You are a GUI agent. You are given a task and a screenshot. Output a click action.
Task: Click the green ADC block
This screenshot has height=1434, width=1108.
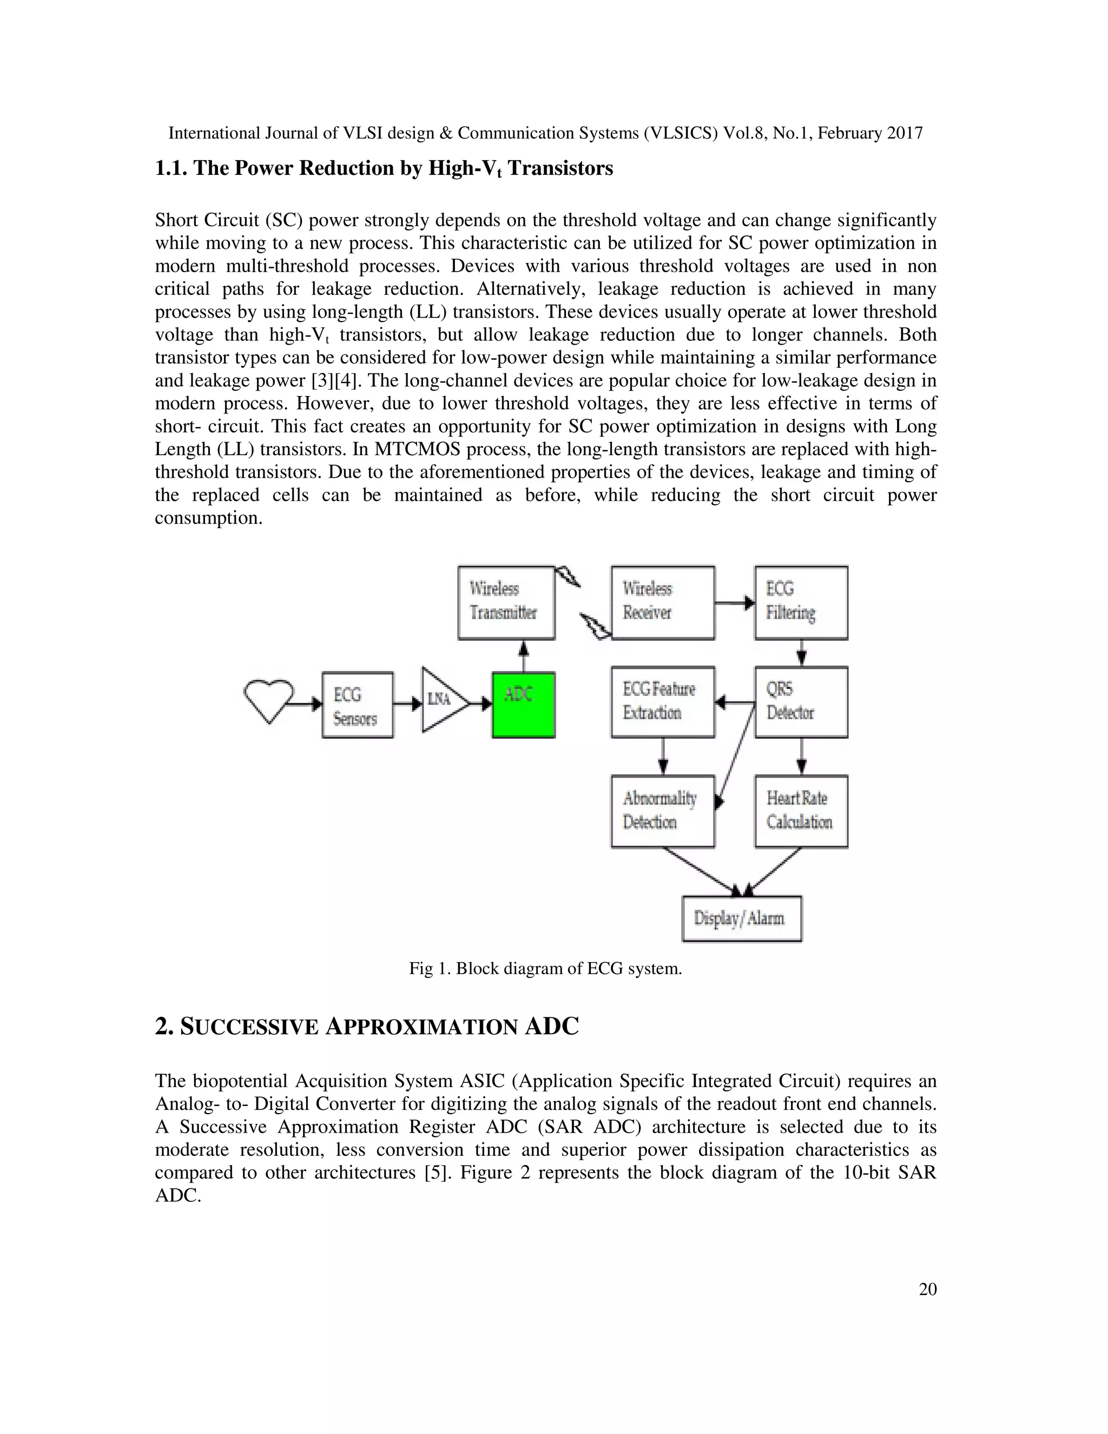click(523, 705)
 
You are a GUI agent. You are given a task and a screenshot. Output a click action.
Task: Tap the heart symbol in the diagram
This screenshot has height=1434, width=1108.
click(268, 700)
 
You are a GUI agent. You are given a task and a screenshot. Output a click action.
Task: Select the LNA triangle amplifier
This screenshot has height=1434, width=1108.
click(443, 700)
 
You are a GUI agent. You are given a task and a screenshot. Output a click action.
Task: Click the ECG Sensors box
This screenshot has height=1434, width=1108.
click(358, 705)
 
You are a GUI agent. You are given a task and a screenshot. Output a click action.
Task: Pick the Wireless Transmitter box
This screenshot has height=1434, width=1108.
click(506, 602)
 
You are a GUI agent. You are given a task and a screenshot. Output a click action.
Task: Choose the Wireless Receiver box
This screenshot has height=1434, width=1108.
click(662, 602)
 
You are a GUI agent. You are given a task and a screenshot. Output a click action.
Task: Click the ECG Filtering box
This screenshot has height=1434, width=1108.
click(801, 602)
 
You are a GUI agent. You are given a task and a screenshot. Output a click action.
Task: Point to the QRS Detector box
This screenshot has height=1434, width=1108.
click(801, 702)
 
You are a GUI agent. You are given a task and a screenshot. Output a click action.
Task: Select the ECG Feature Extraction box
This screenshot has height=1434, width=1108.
click(662, 702)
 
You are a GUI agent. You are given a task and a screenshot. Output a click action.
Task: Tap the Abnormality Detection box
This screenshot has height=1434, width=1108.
click(662, 811)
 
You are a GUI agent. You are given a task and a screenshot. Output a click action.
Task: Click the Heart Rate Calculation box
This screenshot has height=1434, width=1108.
click(801, 811)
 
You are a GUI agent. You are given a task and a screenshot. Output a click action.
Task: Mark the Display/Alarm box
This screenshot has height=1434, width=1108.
click(742, 918)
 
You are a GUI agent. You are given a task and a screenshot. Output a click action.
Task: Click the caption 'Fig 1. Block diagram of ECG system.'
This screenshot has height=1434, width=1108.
click(545, 969)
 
